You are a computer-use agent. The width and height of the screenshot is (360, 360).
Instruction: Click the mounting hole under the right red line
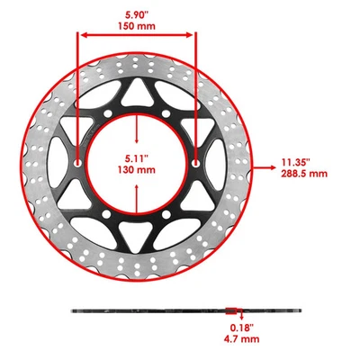pyautogui.click(x=195, y=165)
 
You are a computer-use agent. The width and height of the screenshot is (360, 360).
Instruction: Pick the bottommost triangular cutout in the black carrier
pyautogui.click(x=137, y=238)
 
